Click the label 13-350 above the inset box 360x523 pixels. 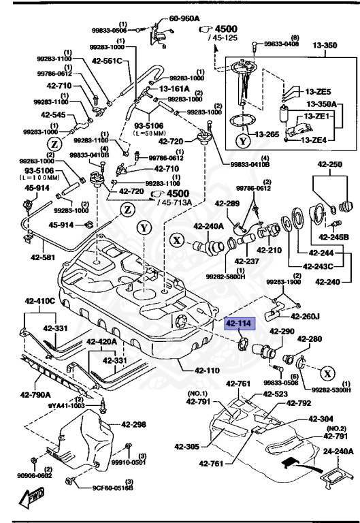pyautogui.click(x=325, y=46)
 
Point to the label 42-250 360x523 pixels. pyautogui.click(x=330, y=165)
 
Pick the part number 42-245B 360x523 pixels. pyautogui.click(x=334, y=237)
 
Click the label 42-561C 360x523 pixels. pyautogui.click(x=108, y=61)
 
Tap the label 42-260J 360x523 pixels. pyautogui.click(x=305, y=316)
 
